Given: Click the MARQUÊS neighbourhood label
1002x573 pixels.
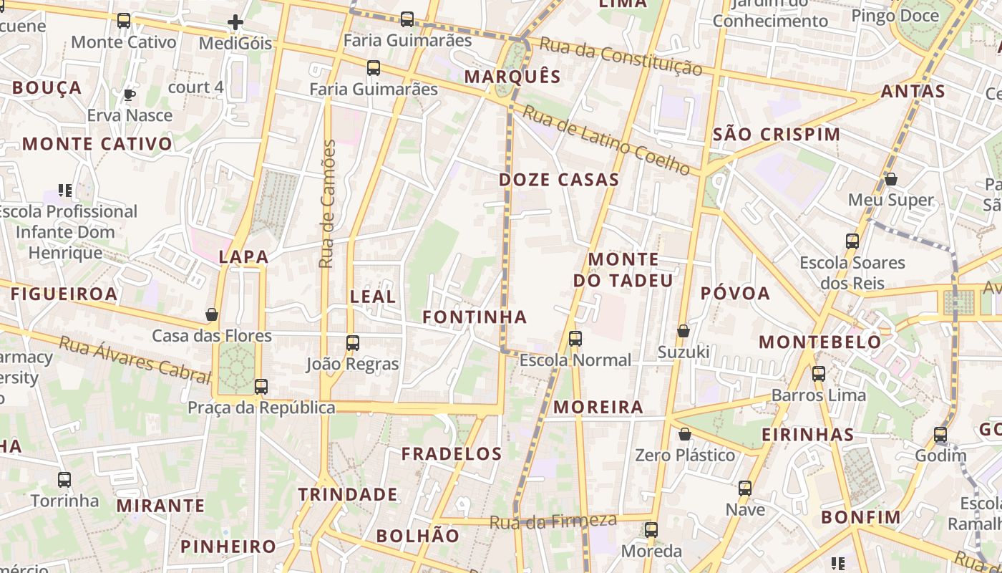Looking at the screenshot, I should [512, 77].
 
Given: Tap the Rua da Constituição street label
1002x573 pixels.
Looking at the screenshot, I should [621, 57].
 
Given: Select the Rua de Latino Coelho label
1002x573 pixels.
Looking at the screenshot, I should [606, 140].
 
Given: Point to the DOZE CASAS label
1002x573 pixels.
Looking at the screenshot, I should [559, 180].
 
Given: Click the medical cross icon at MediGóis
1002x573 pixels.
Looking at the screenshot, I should [235, 23].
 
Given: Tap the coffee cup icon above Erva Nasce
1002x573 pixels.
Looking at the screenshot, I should [129, 95].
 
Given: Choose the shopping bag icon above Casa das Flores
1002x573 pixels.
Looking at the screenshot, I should [212, 314].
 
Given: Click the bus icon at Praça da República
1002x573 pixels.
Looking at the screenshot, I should [261, 387].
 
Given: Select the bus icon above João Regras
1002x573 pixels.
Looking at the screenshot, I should [352, 343].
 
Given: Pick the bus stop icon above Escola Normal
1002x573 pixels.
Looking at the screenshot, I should [575, 339].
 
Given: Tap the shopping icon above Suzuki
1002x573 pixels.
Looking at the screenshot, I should [684, 331].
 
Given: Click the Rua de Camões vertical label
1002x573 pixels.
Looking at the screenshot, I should [327, 204].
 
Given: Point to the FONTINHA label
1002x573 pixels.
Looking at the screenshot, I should [475, 317].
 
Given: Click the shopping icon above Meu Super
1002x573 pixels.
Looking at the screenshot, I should [891, 179].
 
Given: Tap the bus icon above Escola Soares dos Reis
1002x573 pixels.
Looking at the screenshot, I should [852, 241].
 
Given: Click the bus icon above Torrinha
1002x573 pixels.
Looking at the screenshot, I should [64, 480].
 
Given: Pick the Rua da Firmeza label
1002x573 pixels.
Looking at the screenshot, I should [553, 521].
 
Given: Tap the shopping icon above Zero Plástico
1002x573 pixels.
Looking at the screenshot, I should [685, 434].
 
